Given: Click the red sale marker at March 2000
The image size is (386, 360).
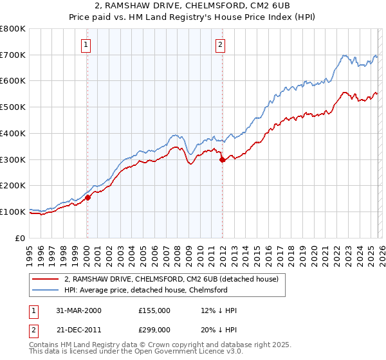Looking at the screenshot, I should click(x=88, y=197).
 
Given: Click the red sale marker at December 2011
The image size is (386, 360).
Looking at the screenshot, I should click(x=222, y=159).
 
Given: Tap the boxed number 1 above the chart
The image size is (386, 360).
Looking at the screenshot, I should click(x=86, y=44).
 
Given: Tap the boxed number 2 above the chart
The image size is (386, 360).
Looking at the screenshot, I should click(x=220, y=44).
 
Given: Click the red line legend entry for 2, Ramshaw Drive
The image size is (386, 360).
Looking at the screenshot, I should click(x=171, y=279).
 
